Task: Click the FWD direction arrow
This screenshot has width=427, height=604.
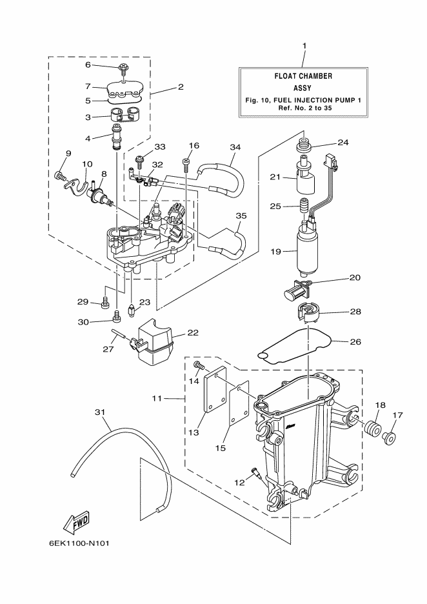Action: click(x=75, y=519)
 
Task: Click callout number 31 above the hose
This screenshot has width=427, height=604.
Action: click(x=99, y=412)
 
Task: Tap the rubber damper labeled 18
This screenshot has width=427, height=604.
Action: click(x=373, y=428)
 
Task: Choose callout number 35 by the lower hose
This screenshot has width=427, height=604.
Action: click(x=241, y=216)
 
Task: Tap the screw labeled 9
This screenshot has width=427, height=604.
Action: click(x=60, y=174)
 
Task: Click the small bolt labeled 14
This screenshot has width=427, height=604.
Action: click(x=197, y=367)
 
